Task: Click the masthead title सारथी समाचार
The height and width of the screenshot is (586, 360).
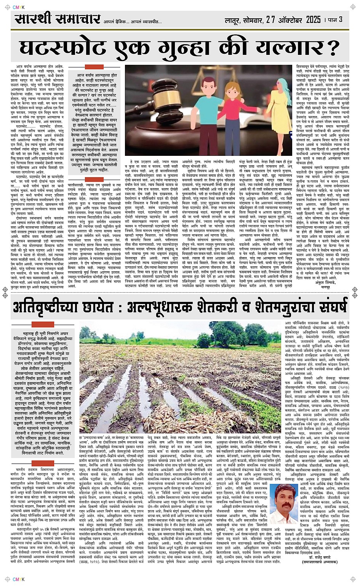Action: coord(58,19)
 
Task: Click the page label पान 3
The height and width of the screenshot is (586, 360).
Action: coord(335,19)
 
